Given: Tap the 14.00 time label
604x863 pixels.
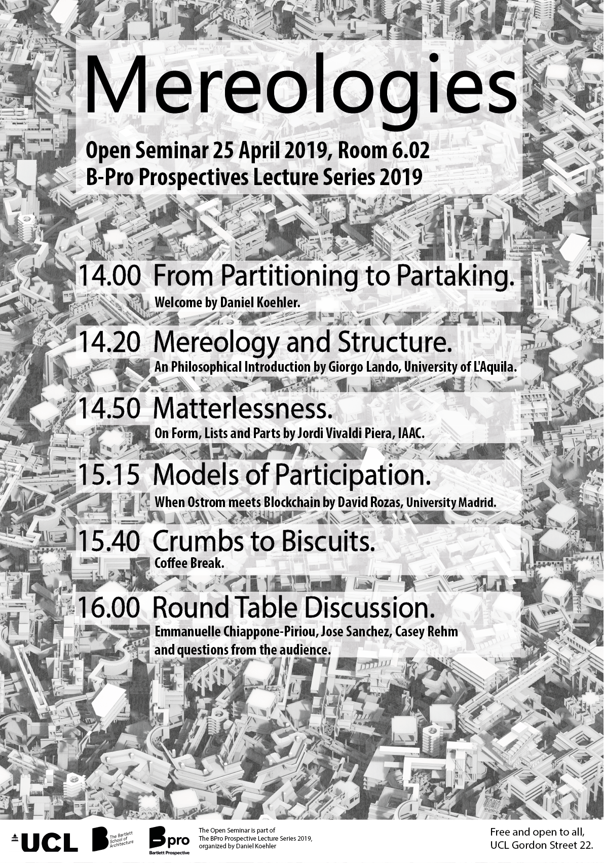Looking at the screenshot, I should click(109, 277).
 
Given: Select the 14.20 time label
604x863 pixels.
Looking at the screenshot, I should click(109, 343).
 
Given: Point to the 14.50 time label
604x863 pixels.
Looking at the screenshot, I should click(109, 409).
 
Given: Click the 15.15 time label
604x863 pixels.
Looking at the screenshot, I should click(109, 475).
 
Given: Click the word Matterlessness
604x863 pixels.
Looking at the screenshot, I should click(243, 409).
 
